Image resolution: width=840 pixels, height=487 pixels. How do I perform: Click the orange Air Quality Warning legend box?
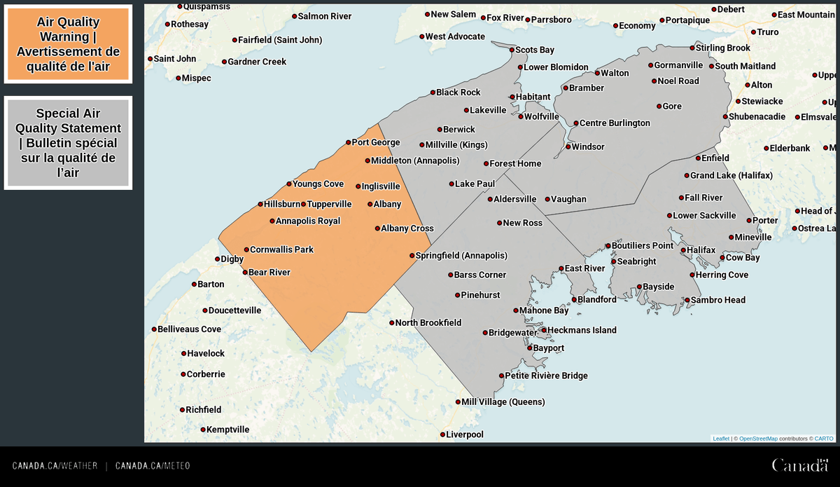[68, 44]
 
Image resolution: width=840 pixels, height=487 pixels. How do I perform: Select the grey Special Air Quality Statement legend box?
[68, 143]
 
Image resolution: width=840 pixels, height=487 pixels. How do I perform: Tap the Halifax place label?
[701, 250]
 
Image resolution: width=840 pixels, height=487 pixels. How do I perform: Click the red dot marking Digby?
[218, 259]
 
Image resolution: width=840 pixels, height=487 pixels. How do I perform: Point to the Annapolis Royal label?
[308, 221]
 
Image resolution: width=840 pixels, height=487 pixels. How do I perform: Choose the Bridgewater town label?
[513, 333]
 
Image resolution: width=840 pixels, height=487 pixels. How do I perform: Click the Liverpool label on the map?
[465, 434]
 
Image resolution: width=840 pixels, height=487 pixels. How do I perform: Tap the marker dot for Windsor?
[568, 147]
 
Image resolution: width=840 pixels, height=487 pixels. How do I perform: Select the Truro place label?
[767, 32]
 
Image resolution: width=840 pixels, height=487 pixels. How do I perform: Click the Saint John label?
[175, 59]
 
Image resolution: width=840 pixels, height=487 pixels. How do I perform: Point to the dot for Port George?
[349, 143]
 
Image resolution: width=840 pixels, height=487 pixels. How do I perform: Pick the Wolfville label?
[542, 116]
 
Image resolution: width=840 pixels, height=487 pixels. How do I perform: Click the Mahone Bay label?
[544, 310]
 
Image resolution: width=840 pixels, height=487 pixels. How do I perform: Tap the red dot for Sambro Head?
[687, 301]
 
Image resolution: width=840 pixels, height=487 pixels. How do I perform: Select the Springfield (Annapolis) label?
[461, 256]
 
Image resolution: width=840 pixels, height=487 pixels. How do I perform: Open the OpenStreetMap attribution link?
[758, 439]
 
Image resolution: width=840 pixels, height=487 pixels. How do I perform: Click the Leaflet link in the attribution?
[721, 439]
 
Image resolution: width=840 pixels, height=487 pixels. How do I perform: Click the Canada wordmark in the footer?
[799, 465]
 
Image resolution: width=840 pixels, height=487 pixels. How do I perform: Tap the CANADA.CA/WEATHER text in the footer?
[55, 466]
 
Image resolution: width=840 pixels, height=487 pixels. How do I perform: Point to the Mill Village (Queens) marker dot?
[458, 402]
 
